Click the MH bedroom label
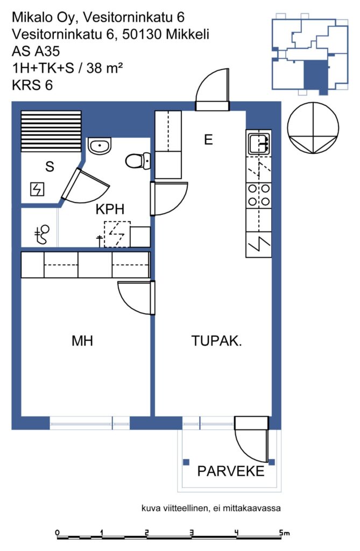(82, 341)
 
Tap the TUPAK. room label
(216, 341)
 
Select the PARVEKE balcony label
(231, 471)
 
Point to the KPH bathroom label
(110, 209)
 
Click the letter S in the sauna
(50, 166)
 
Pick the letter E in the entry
(208, 139)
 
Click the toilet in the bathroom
(138, 161)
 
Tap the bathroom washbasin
(100, 146)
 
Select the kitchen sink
(259, 143)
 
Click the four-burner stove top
(259, 195)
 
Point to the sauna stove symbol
(37, 189)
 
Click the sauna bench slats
(51, 131)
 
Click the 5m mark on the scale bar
(285, 533)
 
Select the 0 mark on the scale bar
(58, 533)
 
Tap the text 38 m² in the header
(105, 67)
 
